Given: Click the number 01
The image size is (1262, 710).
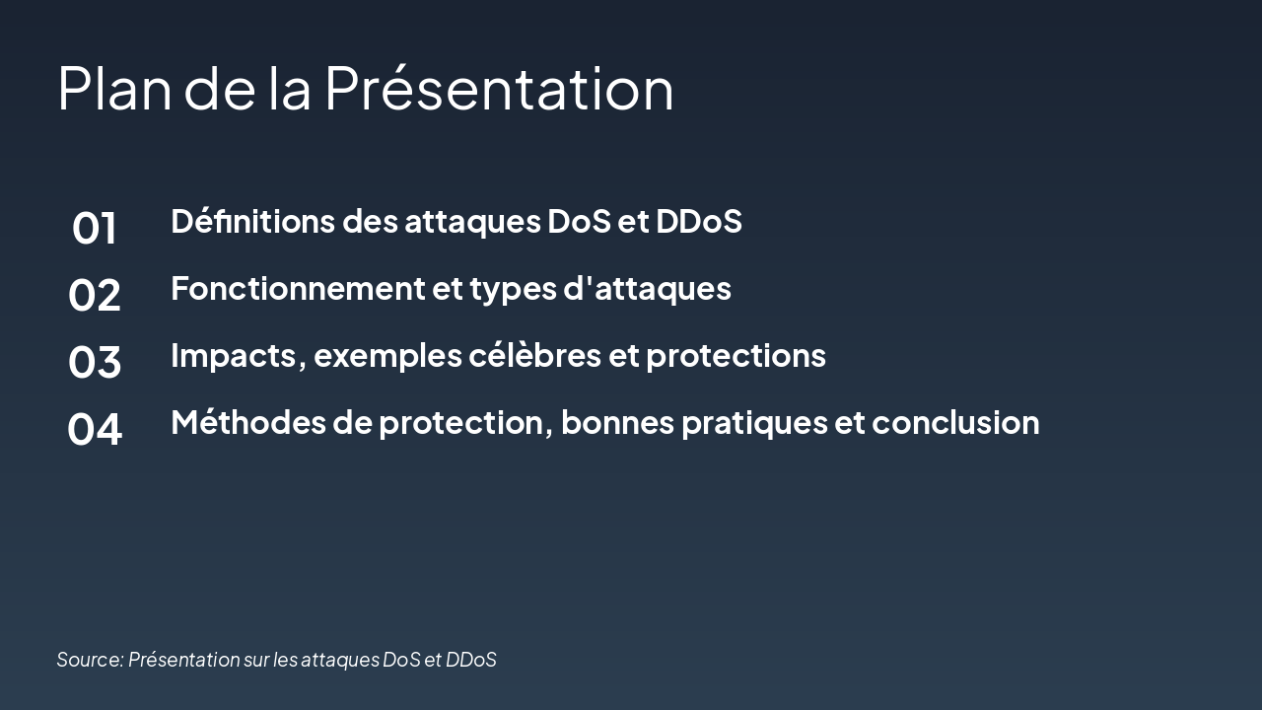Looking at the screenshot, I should click(95, 228).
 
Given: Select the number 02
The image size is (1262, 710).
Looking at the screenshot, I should click(95, 295).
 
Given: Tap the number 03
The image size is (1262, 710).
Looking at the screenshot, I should click(95, 362).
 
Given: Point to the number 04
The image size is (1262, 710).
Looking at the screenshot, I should click(95, 429).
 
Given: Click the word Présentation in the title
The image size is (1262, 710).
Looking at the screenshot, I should click(499, 88).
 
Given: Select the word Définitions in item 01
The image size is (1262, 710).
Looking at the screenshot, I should click(252, 221).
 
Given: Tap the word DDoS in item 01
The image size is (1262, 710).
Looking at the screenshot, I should click(699, 221).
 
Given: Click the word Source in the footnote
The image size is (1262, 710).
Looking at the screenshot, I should click(89, 659).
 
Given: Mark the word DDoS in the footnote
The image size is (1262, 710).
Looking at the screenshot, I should click(471, 659).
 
